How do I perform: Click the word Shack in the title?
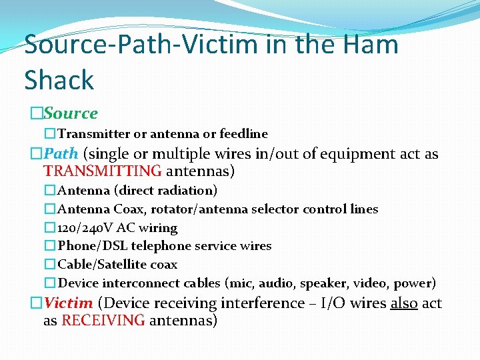pos(59,80)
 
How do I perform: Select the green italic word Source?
pos(71,113)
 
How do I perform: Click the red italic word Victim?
pos(69,303)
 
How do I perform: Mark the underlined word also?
pos(404,303)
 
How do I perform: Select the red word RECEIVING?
pos(103,321)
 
